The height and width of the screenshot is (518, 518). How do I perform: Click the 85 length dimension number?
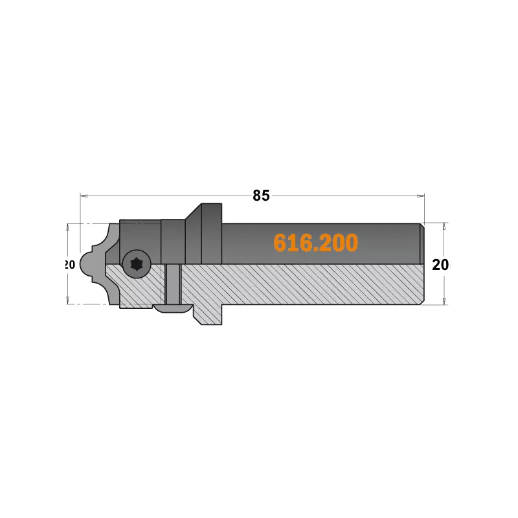261,196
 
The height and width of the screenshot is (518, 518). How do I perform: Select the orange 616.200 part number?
315,243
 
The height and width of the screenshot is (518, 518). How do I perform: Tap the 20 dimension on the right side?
440,265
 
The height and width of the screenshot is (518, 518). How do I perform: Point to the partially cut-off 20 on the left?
69,265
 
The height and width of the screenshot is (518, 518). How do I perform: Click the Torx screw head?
137,264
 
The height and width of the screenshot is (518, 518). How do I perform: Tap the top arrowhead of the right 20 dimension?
444,226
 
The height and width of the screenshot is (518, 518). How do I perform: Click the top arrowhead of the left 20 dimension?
68,227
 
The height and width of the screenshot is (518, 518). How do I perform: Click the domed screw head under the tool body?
173,308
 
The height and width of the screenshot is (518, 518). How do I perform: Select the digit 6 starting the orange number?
280,243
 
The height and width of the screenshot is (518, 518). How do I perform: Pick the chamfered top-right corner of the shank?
422,225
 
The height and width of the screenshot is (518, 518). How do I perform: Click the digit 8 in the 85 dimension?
257,196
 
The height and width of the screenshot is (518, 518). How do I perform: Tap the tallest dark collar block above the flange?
212,233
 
